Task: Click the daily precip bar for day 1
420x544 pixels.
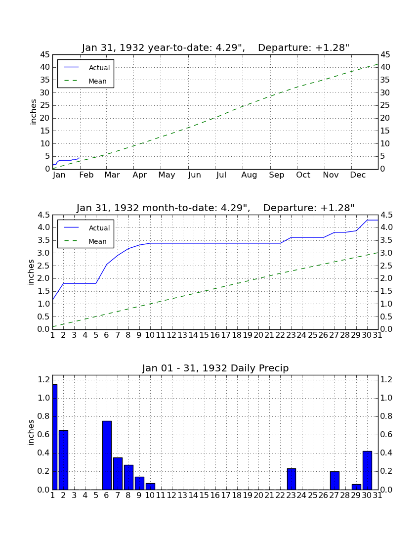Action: (x=55, y=437)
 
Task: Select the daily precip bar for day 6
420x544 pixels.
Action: (x=107, y=455)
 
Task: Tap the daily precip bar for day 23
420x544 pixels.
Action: (x=292, y=479)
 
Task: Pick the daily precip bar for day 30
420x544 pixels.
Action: (x=367, y=470)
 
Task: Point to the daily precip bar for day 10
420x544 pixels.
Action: (x=150, y=486)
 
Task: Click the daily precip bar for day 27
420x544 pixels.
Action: (x=335, y=480)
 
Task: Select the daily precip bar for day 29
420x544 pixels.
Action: (x=356, y=487)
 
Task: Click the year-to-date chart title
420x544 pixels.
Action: (x=215, y=47)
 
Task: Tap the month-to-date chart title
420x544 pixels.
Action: (x=215, y=208)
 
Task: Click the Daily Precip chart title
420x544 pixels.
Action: (x=215, y=368)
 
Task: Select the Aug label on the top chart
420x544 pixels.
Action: (x=249, y=175)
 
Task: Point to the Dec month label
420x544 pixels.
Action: (x=358, y=175)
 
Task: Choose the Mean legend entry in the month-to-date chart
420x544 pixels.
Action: (x=85, y=241)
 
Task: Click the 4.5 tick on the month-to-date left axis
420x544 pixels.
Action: (x=43, y=215)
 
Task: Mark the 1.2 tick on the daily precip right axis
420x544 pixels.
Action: (x=386, y=380)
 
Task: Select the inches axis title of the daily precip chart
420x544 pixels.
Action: (x=31, y=432)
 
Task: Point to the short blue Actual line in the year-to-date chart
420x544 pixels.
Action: (x=66, y=160)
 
